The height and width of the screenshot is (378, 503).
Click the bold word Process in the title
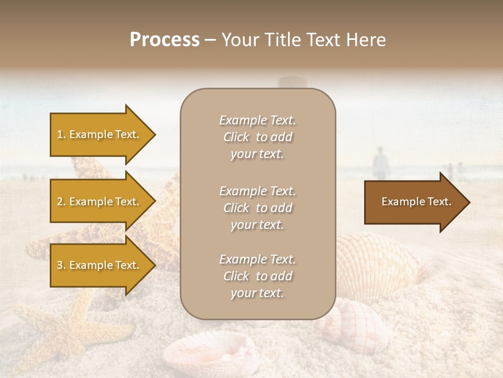[165, 40]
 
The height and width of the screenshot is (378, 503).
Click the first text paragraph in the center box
[257, 137]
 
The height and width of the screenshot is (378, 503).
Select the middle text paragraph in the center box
[257, 208]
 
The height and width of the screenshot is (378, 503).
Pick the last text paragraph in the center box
[257, 276]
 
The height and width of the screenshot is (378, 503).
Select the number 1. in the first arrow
[61, 134]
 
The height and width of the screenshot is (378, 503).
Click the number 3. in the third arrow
[61, 265]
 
